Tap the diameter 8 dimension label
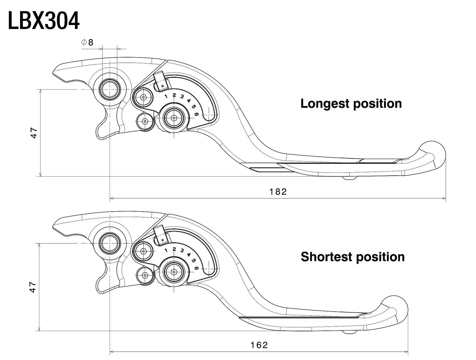click(87, 42)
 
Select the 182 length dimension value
click(278, 192)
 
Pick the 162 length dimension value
click(259, 345)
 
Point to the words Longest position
click(351, 103)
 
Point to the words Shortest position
click(352, 257)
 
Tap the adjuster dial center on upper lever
click(174, 117)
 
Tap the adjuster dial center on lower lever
click(174, 271)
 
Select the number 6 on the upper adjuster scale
click(197, 114)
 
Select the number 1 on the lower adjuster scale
click(166, 250)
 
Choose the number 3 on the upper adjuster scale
click(182, 97)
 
